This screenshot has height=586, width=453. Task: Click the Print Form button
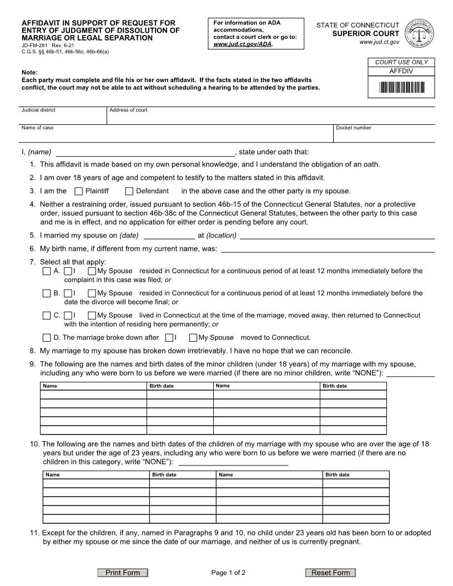123,573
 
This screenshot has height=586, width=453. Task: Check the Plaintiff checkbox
78,191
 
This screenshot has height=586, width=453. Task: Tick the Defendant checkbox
129,191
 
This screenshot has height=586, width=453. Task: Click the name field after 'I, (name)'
145,153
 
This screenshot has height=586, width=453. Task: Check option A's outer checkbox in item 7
47,271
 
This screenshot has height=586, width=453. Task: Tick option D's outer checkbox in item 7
47,337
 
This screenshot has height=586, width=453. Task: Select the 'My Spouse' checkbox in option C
92,316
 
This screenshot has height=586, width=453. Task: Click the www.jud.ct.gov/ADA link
243,44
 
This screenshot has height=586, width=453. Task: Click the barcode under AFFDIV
401,87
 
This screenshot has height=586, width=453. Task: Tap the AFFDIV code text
401,72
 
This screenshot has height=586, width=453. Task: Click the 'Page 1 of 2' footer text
228,573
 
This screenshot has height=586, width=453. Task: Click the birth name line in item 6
328,249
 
